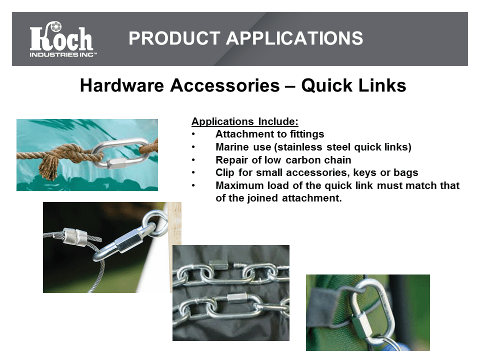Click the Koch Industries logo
(x=63, y=39)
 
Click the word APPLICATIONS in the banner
(x=294, y=38)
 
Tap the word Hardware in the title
(x=122, y=85)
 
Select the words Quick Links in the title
(x=353, y=85)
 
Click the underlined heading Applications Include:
(x=245, y=121)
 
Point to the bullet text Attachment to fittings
(x=269, y=134)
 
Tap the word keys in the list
(x=365, y=172)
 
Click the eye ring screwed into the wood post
(x=156, y=220)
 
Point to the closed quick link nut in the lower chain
(x=237, y=296)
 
